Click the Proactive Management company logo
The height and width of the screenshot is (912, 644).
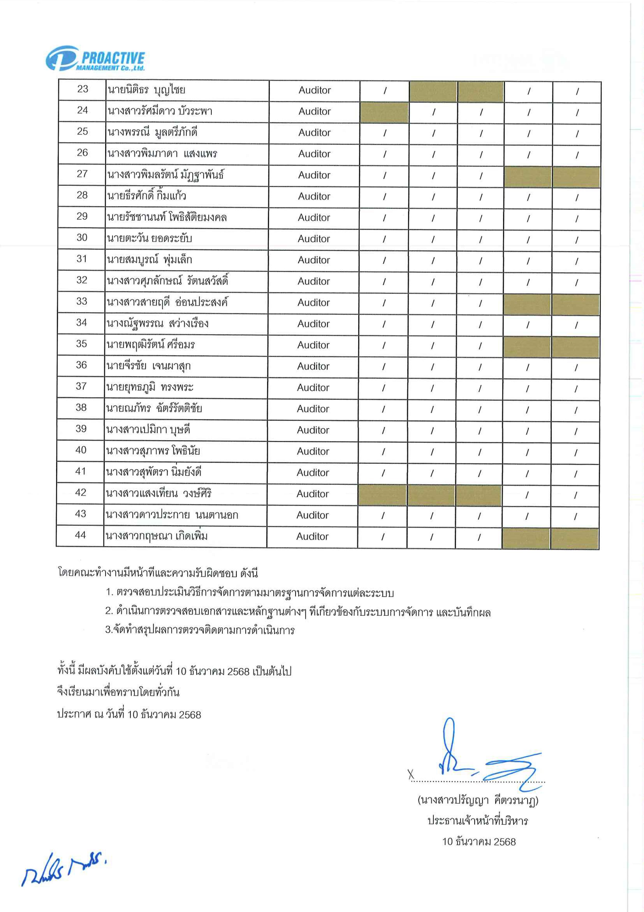pos(95,59)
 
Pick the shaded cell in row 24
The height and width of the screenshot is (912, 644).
pos(384,111)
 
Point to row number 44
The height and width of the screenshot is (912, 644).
pos(80,535)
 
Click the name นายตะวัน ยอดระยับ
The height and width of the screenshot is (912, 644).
pos(149,238)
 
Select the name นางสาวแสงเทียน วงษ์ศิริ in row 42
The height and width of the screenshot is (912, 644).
pos(159,493)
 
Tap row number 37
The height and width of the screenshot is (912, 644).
pos(81,386)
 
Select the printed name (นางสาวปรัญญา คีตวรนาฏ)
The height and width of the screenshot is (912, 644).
pos(478,800)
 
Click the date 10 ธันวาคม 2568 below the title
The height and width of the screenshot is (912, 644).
pos(479,841)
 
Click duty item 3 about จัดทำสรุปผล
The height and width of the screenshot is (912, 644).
pos(200,630)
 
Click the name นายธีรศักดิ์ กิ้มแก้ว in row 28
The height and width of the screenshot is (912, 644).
pos(146,195)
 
